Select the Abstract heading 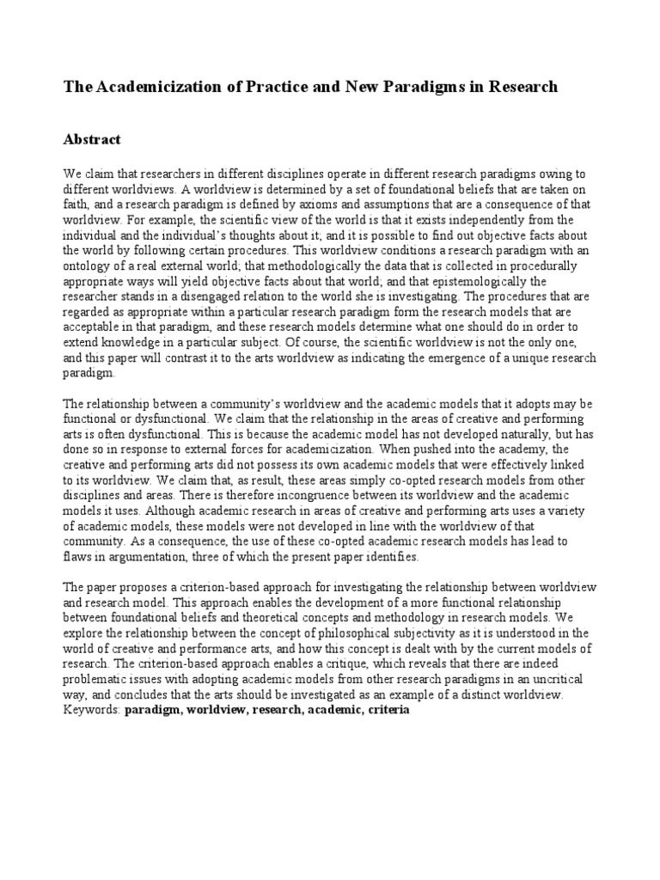[x=93, y=139]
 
